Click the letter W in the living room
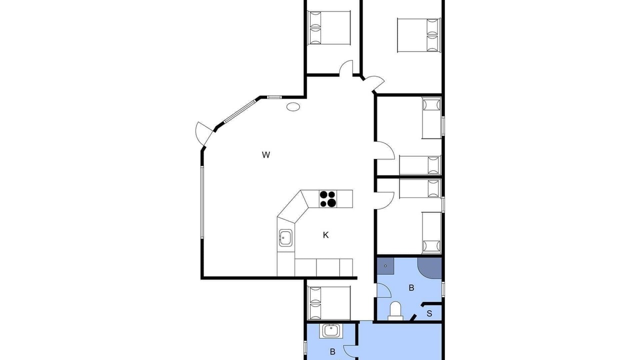click(x=266, y=155)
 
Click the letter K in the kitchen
click(x=325, y=235)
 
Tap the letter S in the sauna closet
click(x=429, y=313)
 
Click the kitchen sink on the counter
click(x=285, y=237)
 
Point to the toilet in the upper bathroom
click(x=395, y=311)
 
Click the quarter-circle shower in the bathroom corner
click(x=429, y=268)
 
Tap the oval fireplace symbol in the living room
click(x=293, y=107)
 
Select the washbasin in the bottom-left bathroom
click(x=331, y=331)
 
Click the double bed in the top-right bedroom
click(x=419, y=35)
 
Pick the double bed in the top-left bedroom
click(x=329, y=27)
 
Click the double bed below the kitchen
click(x=329, y=303)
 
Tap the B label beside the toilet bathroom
click(x=411, y=287)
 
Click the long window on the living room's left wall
click(x=202, y=202)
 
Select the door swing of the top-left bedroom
click(x=346, y=68)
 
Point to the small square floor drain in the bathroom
click(x=385, y=266)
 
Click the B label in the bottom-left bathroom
click(x=332, y=351)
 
